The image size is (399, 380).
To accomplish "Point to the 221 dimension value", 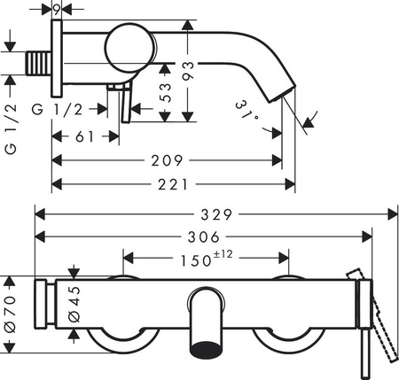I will (175, 183).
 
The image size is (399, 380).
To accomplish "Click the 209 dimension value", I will (167, 160).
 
